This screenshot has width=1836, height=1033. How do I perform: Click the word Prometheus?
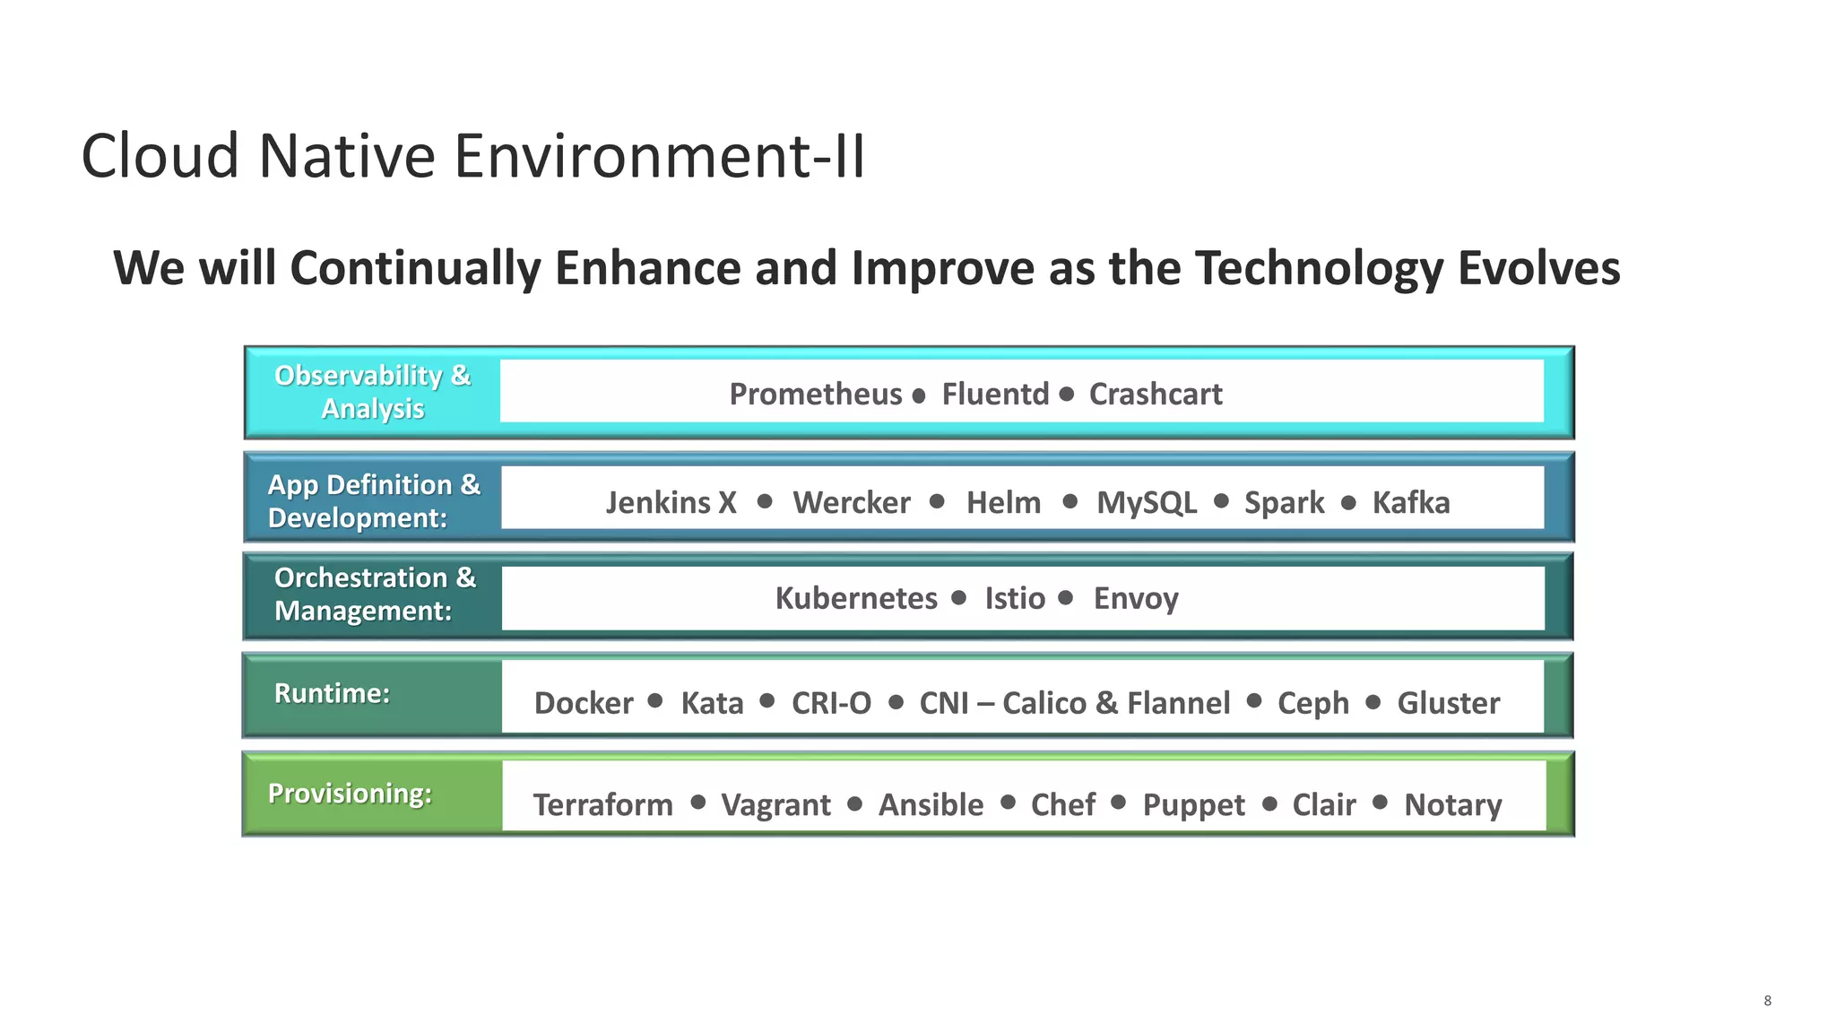pos(815,395)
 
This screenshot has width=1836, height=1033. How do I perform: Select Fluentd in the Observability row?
pos(994,395)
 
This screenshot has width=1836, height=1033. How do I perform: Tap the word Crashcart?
pos(1155,395)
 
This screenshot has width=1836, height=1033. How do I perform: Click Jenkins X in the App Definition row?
pos(671,503)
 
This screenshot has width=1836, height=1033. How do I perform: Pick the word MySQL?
pos(1146,503)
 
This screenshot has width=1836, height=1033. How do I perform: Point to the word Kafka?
pos(1410,503)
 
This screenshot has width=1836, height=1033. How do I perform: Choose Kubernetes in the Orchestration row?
pos(855,598)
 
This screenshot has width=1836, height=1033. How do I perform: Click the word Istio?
pos(1014,598)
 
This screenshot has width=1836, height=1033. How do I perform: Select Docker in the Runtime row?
pos(583,703)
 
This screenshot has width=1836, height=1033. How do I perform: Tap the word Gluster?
pos(1448,703)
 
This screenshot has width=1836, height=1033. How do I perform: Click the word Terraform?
pos(602,805)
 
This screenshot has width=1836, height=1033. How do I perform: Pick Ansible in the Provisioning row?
pos(931,805)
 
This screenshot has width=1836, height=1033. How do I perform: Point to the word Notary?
pos(1452,805)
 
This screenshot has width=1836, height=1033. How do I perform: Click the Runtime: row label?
pos(332,693)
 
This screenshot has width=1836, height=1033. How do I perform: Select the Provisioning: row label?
pos(350,794)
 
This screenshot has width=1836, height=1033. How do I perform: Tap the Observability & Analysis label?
pos(372,392)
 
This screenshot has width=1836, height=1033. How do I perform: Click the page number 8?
pos(1767,1001)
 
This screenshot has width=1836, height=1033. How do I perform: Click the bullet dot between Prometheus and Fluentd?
pos(918,395)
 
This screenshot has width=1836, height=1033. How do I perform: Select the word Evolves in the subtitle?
pos(1538,268)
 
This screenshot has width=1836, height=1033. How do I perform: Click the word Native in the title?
pos(346,156)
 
